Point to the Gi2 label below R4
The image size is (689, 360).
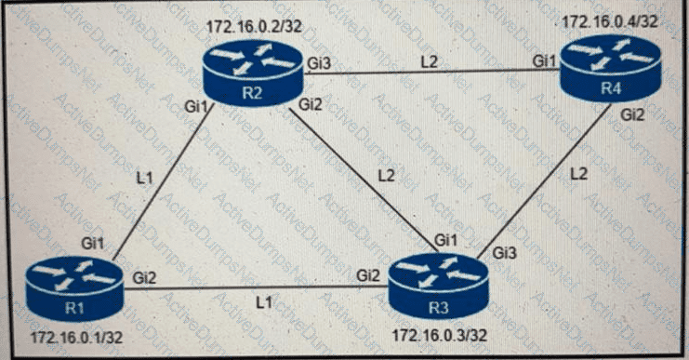pos(632,114)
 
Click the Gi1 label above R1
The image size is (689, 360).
pos(91,242)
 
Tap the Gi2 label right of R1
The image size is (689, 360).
pos(145,276)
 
